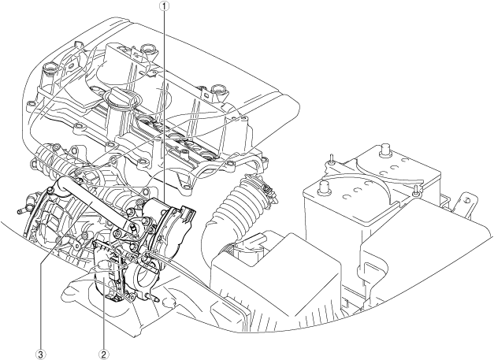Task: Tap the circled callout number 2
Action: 104,355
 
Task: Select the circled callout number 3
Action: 41,355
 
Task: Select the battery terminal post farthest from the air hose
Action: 384,150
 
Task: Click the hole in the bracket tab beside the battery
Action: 467,199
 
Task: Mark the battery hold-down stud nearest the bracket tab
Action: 416,190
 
